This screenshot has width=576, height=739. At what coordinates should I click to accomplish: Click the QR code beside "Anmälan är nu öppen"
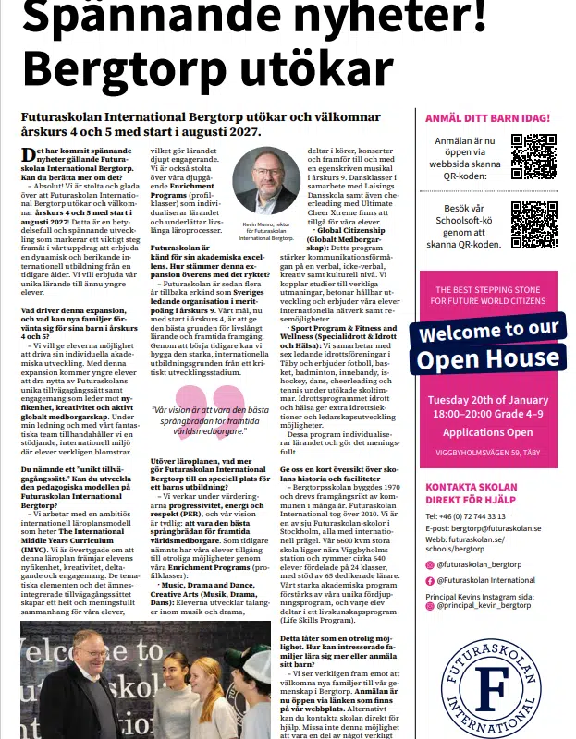click(533, 156)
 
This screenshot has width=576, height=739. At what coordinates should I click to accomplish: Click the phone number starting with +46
click(465, 515)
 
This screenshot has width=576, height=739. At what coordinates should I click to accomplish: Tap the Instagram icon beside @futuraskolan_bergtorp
click(429, 563)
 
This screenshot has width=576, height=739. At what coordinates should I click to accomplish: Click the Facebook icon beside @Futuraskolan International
click(429, 580)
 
